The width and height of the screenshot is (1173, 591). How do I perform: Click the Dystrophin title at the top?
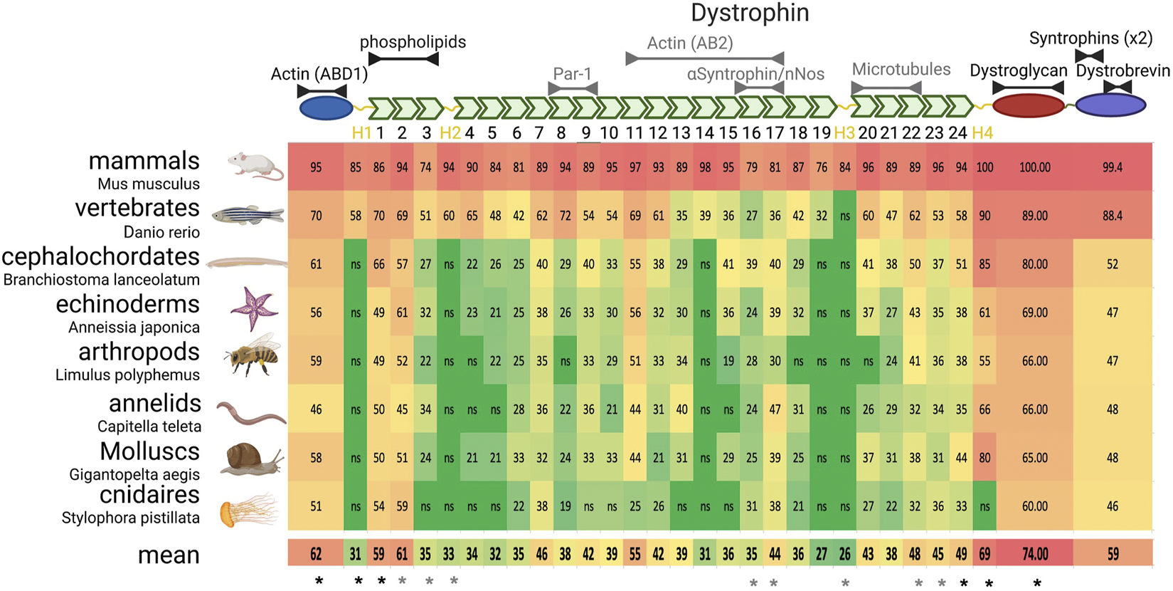tap(750, 13)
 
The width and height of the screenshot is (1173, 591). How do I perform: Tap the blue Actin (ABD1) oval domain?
tap(326, 108)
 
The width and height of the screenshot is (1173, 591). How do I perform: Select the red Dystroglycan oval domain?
tap(1028, 105)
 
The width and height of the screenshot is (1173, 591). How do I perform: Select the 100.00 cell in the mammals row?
tap(1034, 167)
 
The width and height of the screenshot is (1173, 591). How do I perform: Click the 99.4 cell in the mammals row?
tap(1112, 167)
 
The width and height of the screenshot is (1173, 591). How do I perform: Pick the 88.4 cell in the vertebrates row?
tap(1112, 216)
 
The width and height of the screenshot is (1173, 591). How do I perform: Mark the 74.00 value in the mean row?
tap(1034, 554)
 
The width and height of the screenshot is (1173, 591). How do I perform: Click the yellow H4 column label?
tap(982, 132)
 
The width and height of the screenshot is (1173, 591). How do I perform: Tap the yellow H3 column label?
tap(844, 132)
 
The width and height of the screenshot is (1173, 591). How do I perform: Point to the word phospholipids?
tap(413, 42)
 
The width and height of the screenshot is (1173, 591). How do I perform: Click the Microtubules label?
tap(901, 69)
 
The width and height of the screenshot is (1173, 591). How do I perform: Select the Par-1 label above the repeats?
tap(572, 74)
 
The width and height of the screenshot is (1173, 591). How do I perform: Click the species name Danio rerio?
tap(161, 232)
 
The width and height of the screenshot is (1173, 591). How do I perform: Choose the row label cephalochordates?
tap(100, 256)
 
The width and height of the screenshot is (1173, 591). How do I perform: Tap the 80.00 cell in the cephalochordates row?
tap(1034, 264)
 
